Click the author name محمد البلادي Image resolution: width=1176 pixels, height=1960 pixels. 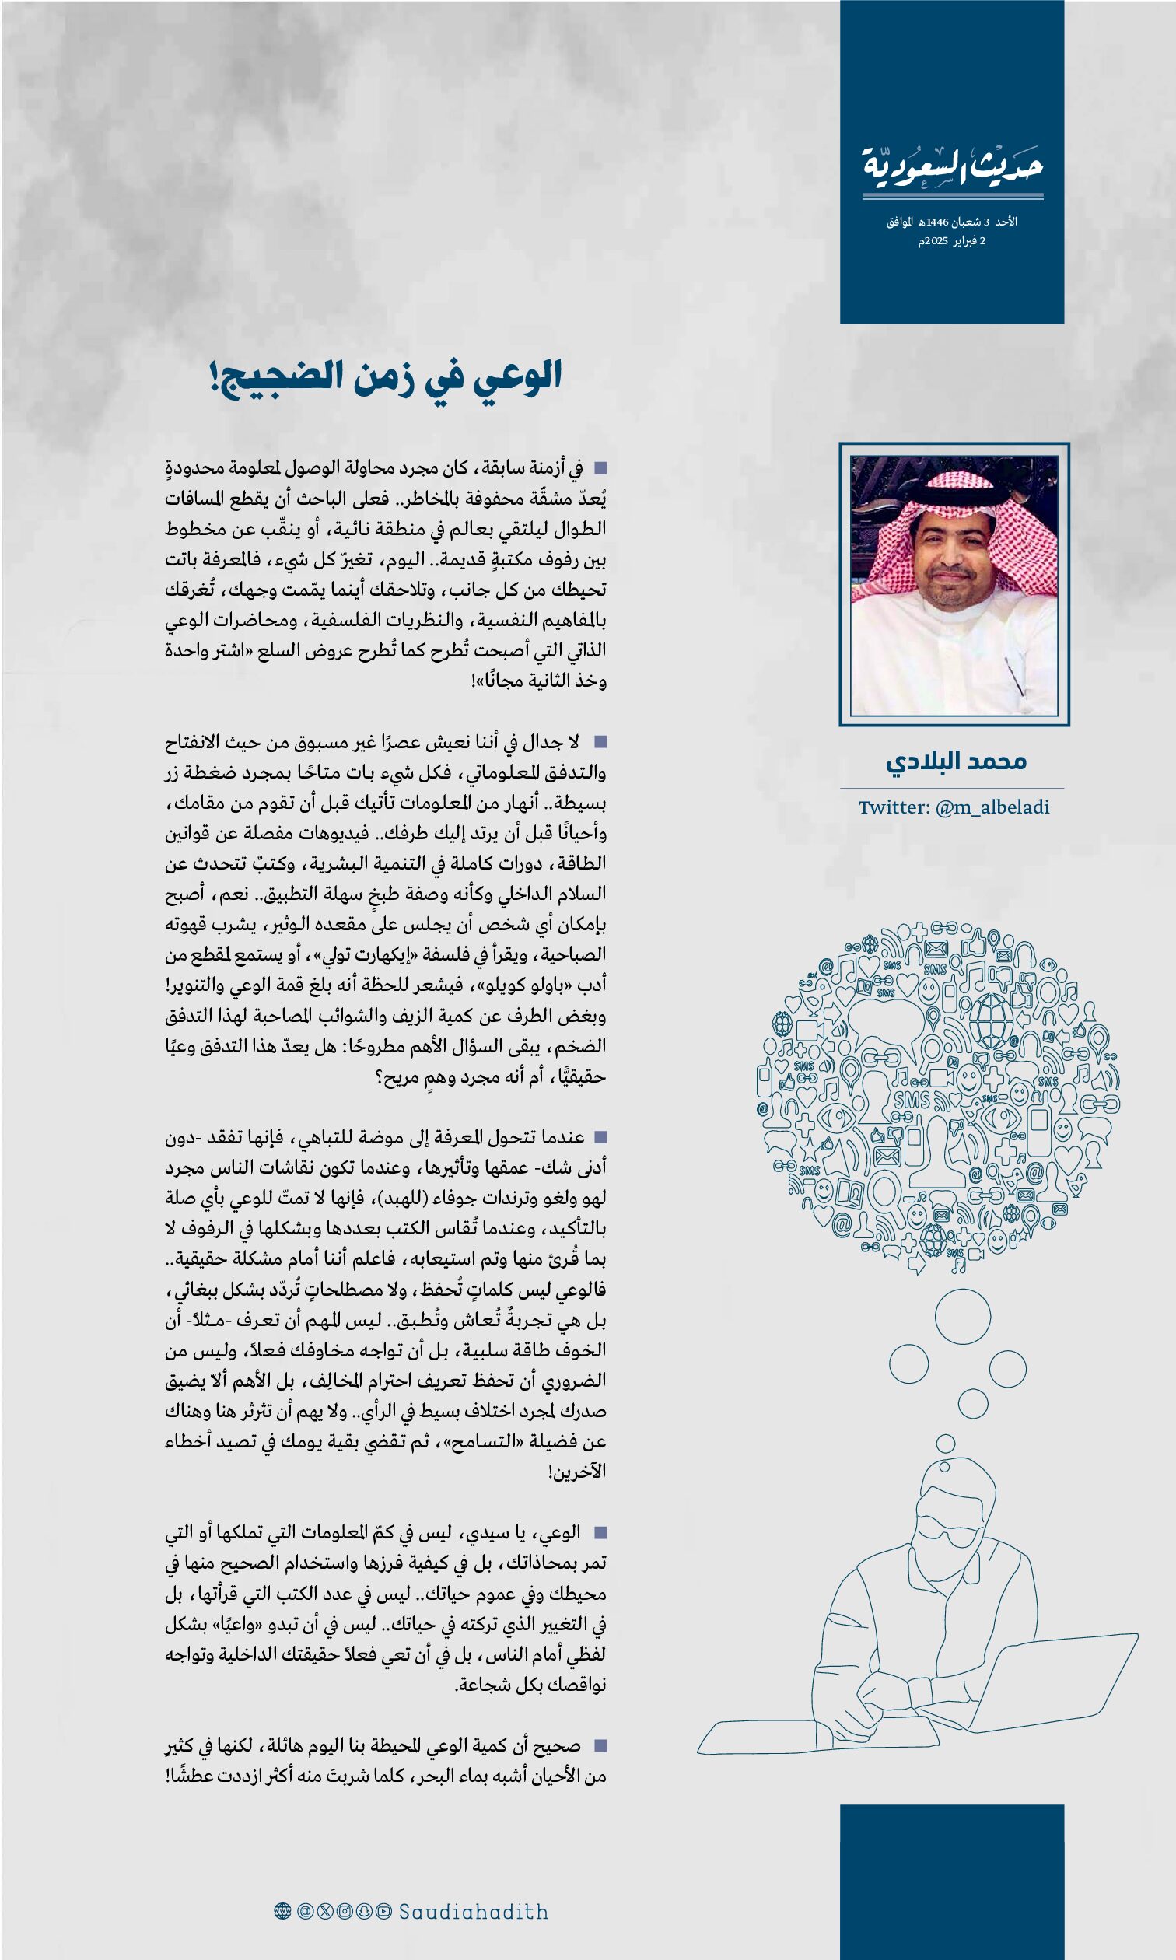[x=956, y=761]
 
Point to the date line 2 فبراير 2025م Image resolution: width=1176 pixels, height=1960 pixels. [x=952, y=241]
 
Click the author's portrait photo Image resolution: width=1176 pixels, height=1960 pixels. [x=954, y=585]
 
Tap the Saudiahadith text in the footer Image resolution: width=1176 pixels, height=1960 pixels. [x=473, y=1912]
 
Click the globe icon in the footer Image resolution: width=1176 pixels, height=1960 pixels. [x=282, y=1912]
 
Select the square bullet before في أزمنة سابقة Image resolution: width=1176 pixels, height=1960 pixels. [x=600, y=468]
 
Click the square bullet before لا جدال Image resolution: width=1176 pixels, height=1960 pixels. [x=600, y=741]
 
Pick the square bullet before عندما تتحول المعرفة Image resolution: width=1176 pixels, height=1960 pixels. [x=600, y=1137]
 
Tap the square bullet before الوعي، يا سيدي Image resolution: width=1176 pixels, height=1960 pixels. [x=600, y=1532]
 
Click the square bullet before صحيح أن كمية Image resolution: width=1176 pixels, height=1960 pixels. [x=600, y=1745]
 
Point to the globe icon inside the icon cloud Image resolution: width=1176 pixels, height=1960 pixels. [x=991, y=1020]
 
